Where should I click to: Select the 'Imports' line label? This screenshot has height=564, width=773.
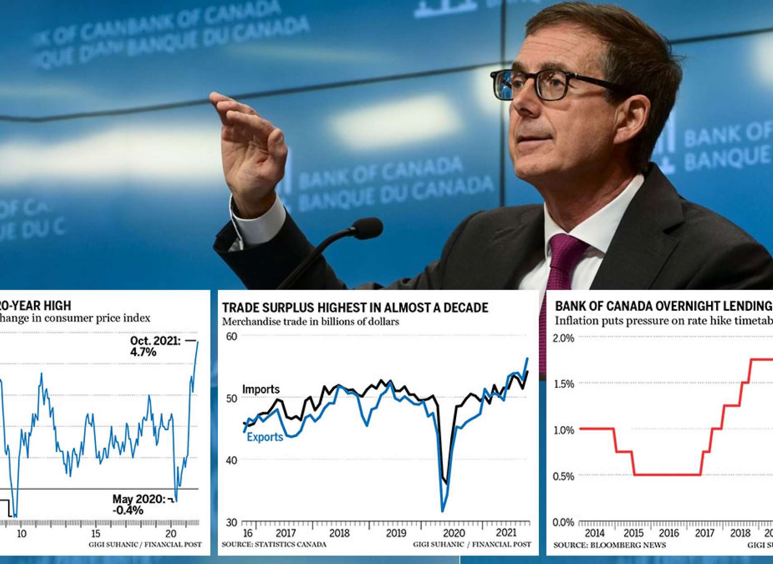pos(261,389)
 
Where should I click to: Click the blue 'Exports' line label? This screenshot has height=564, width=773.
pos(265,437)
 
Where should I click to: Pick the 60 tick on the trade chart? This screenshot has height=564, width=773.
pos(231,336)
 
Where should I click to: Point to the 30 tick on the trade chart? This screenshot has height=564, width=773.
pos(231,522)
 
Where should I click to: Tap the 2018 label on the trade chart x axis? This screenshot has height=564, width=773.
pos(339,533)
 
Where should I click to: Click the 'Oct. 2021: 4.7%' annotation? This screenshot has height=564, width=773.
pos(155,346)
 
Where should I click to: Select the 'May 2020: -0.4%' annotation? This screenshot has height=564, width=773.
pos(139,504)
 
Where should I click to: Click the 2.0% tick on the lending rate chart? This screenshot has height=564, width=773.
pos(563,338)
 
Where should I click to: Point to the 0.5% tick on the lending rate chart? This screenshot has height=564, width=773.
pos(563,476)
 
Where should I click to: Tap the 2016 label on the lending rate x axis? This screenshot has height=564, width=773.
pos(669,533)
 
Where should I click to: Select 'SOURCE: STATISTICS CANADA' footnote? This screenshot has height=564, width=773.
pos(274,545)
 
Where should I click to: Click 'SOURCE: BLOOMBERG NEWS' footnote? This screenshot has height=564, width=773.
pos(610,545)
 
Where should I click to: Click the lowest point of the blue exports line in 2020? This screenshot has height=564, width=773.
pos(443,511)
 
